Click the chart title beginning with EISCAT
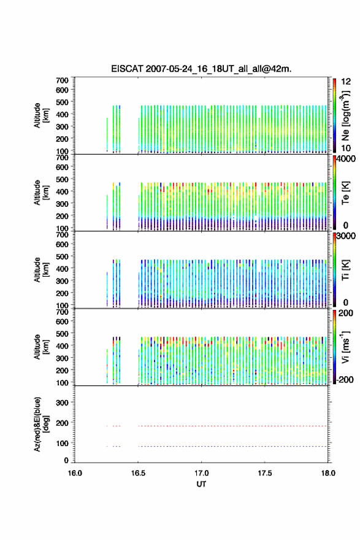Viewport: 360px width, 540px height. (201, 69)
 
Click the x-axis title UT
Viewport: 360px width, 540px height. (201, 484)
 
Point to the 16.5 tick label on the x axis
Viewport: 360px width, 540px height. (138, 473)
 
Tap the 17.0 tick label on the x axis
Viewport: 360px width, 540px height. (201, 473)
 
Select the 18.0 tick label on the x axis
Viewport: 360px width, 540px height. (328, 473)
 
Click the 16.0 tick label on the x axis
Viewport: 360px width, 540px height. (75, 473)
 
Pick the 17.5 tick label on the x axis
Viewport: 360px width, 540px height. (265, 473)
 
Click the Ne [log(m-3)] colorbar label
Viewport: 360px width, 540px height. (345, 115)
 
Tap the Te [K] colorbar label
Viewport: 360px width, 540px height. (345, 193)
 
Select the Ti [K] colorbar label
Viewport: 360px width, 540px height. (345, 270)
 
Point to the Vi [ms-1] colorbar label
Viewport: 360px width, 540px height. (345, 347)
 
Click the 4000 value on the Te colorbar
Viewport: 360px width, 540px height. (346, 159)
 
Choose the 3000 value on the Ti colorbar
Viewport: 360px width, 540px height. (346, 236)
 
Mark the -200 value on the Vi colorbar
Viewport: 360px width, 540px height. (344, 379)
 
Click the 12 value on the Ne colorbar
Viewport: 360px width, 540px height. (346, 82)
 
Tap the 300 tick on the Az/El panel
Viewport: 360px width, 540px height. (62, 403)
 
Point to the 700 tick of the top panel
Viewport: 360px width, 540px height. (62, 80)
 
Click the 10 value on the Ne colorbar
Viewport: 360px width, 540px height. (346, 148)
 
